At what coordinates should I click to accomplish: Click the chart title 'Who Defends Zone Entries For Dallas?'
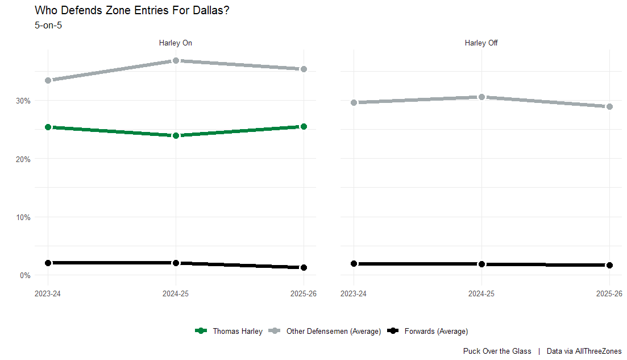tap(132, 10)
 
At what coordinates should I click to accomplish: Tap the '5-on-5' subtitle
tap(48, 25)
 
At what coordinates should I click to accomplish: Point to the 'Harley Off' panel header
tap(481, 43)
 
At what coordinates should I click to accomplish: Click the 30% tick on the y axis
tap(24, 101)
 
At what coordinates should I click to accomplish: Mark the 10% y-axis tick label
tap(24, 217)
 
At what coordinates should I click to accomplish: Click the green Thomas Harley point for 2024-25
tap(176, 135)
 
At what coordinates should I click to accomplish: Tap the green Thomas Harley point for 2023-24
tap(48, 127)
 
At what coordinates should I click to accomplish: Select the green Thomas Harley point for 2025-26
tap(304, 127)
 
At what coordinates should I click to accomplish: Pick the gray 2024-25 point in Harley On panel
tap(176, 60)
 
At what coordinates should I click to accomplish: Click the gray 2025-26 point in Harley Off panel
tap(609, 106)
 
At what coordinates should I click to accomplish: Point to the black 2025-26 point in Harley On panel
tap(304, 267)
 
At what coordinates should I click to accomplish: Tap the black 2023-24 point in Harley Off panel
tap(354, 263)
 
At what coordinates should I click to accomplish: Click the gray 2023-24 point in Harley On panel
tap(48, 80)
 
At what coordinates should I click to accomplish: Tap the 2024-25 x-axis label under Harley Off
tap(481, 294)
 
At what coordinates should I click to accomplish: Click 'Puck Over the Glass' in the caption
tap(497, 351)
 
